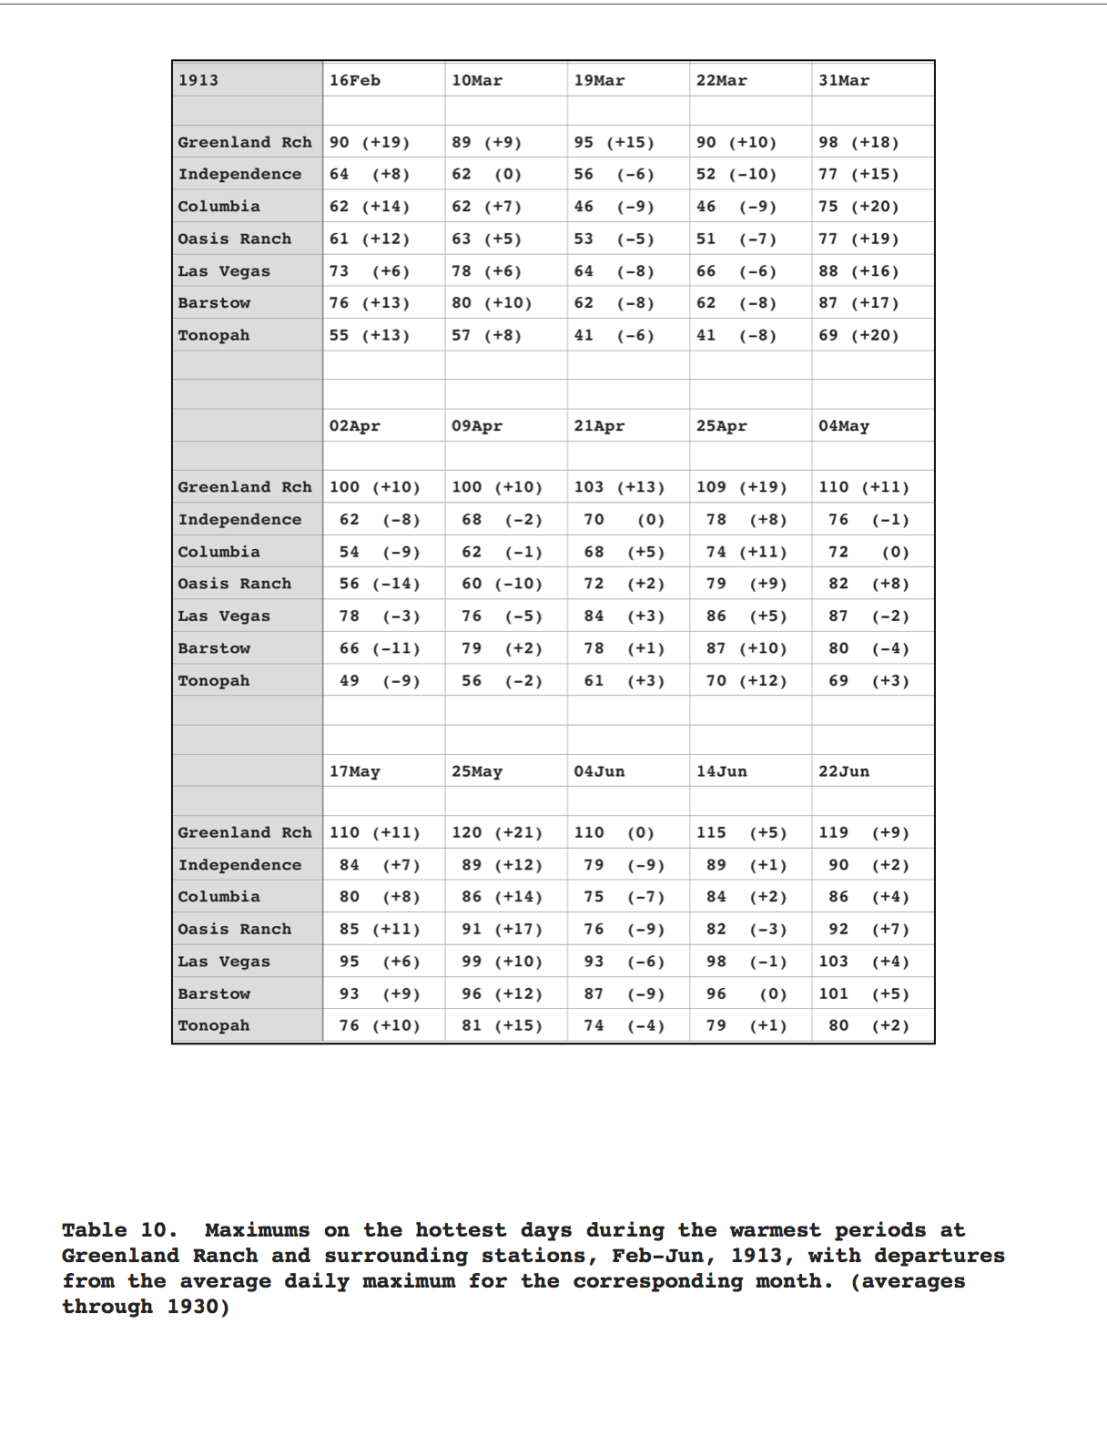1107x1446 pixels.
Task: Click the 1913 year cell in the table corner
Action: pyautogui.click(x=198, y=80)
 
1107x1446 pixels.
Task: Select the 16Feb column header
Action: pyautogui.click(x=355, y=80)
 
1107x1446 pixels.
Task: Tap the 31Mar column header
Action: pyautogui.click(x=844, y=80)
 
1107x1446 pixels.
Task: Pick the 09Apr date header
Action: pyautogui.click(x=477, y=426)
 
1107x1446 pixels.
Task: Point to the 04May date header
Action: pyautogui.click(x=844, y=426)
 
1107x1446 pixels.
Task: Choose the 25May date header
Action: pyautogui.click(x=477, y=771)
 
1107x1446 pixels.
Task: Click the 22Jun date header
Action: pyautogui.click(x=844, y=771)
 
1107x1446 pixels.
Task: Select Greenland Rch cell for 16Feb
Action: pyautogui.click(x=370, y=142)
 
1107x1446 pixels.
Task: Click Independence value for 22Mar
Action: pyautogui.click(x=736, y=174)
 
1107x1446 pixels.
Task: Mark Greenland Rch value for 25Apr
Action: pyautogui.click(x=742, y=487)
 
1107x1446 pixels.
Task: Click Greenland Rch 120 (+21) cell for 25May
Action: pyautogui.click(x=497, y=832)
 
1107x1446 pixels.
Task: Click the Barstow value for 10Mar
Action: pyautogui.click(x=492, y=303)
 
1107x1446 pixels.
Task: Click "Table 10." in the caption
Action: pyautogui.click(x=119, y=1230)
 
